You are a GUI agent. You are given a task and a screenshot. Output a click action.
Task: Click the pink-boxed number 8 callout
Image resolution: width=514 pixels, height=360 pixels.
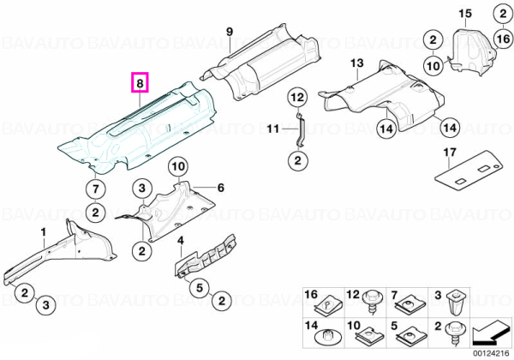(140, 82)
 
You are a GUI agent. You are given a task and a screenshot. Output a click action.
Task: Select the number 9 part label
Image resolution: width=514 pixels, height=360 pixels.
(230, 32)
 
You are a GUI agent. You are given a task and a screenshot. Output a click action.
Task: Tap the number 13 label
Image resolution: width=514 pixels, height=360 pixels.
(356, 63)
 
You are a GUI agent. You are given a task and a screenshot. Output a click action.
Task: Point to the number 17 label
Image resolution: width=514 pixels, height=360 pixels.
(450, 153)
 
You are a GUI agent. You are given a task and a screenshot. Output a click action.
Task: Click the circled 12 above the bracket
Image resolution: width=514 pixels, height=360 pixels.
(297, 98)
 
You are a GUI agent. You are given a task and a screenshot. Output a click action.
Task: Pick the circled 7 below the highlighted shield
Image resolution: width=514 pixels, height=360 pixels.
(95, 189)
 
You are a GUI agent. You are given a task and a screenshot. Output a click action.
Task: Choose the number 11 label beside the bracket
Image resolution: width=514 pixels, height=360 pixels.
(272, 129)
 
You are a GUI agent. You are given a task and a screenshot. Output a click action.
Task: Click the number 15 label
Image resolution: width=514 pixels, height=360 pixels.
(465, 14)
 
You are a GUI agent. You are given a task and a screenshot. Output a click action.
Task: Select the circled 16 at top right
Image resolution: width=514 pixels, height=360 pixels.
(503, 39)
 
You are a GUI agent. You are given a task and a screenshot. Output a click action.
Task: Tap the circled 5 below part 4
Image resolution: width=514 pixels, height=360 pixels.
(200, 288)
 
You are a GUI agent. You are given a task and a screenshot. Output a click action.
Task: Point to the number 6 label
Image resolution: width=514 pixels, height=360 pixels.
(221, 188)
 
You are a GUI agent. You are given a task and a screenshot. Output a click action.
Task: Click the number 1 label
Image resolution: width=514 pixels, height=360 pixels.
(44, 232)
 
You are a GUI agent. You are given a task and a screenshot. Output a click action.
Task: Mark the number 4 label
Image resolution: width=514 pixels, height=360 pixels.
(181, 241)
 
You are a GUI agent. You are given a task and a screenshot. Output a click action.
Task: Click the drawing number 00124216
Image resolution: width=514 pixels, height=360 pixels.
(491, 354)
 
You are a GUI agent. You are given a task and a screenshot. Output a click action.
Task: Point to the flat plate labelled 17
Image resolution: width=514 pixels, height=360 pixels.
(469, 171)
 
